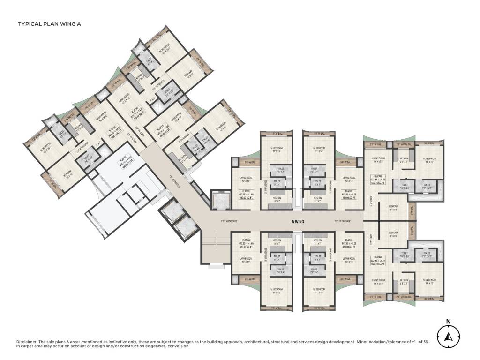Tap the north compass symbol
[x=448, y=336]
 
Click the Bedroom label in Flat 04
[x=392, y=234]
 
